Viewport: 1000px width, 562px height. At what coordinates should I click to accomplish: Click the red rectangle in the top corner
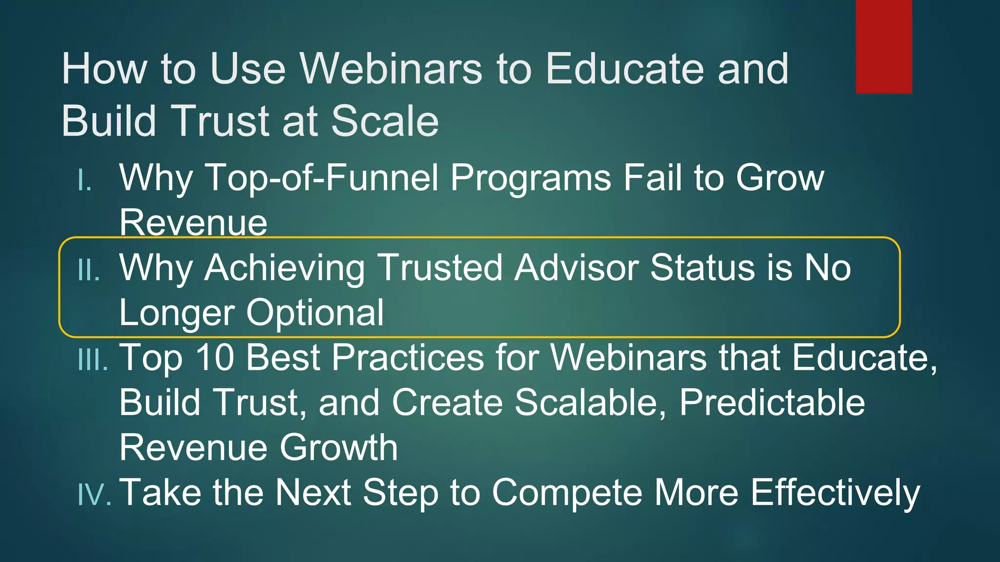click(884, 46)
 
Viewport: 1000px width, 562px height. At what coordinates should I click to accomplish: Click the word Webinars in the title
click(391, 69)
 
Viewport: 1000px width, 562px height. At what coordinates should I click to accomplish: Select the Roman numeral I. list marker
click(85, 181)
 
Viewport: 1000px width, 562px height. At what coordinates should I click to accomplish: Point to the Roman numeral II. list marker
click(89, 271)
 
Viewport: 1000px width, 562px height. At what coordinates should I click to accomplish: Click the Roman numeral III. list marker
click(93, 361)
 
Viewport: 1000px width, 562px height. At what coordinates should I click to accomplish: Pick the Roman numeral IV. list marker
click(94, 494)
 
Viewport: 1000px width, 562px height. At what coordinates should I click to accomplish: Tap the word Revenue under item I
click(193, 222)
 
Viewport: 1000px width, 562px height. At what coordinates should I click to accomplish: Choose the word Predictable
click(772, 402)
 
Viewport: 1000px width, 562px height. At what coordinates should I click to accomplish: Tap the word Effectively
click(835, 493)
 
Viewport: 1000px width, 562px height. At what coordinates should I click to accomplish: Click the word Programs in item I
click(530, 178)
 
